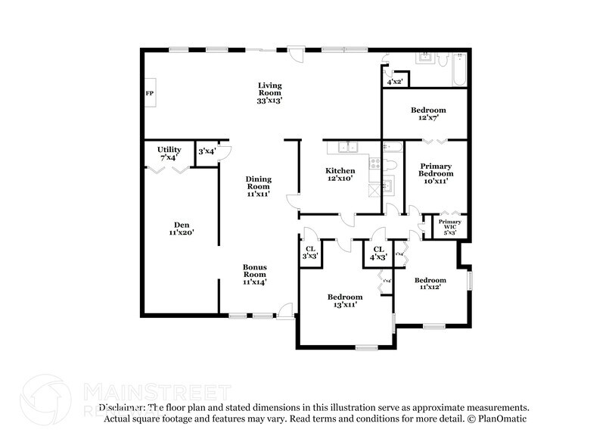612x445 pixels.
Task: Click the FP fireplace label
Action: [149, 93]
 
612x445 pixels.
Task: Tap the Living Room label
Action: [269, 92]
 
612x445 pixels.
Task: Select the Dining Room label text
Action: [258, 186]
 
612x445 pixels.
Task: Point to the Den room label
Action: [182, 229]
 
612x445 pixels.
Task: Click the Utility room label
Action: [169, 154]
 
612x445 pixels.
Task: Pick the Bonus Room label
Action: [254, 274]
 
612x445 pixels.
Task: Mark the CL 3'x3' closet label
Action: [310, 253]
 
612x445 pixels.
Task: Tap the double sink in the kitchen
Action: [348, 148]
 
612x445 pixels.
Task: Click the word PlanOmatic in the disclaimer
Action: [502, 418]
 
